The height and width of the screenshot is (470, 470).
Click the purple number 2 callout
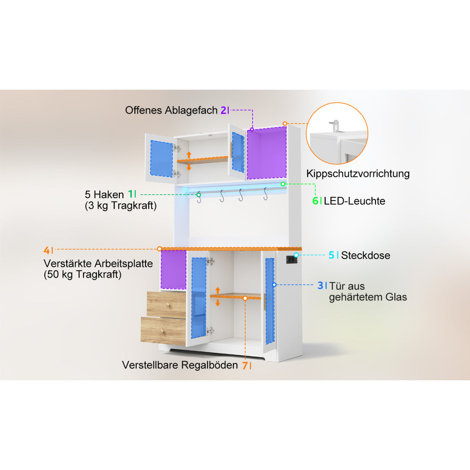223,110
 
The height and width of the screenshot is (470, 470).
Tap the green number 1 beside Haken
131,194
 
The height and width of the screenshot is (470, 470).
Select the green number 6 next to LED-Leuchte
315,201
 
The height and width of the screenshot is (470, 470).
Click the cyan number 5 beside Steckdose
331,255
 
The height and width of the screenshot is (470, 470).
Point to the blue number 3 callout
320,286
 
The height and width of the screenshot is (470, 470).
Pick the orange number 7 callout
245,365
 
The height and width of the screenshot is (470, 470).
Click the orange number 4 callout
47,250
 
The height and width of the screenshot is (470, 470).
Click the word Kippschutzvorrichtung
358,174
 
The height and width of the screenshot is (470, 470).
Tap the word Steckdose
365,255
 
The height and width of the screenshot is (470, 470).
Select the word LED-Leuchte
354,201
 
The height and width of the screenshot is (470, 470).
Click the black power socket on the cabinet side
292,260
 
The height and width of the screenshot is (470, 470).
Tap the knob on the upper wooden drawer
168,305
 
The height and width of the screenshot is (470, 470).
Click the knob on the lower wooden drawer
163,331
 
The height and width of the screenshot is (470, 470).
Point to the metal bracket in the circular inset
336,126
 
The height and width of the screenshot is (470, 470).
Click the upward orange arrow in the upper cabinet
189,155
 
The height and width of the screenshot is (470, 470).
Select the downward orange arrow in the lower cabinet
218,302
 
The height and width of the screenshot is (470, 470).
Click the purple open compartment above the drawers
174,270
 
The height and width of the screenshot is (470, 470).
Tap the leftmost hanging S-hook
199,197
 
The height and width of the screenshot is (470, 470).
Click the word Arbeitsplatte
124,264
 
